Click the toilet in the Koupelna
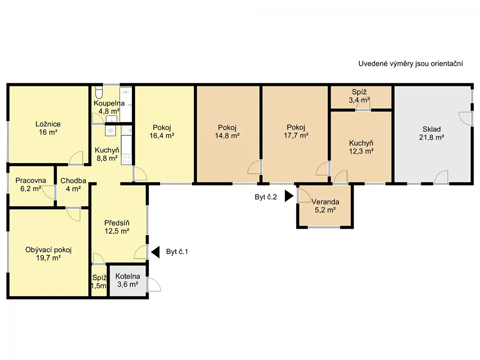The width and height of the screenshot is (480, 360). pos(99,93)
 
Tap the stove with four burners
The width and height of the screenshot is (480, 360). pos(127,159)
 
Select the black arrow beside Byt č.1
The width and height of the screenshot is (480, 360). pos(155,252)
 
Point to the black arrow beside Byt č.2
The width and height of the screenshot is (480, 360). pos(289,196)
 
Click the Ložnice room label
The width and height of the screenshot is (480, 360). pos(48,124)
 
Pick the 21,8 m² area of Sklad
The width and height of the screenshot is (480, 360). pos(432,138)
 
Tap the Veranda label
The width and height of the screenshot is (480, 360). pos(325,202)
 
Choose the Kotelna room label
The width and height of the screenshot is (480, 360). pos(128,276)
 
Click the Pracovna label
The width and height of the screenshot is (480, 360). pos(31,180)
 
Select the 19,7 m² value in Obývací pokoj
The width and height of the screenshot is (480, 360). pos(48,258)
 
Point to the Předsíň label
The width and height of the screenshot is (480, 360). pos(117,223)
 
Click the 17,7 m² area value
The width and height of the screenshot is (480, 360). pos(296,136)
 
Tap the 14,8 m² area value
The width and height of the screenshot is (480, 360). pos(227,136)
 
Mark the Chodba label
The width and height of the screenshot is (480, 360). pos(73,181)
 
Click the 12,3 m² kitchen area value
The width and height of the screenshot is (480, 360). pos(361,151)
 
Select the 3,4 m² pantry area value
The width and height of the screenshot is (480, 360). pos(359,100)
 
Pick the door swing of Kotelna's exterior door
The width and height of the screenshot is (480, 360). pos(154,284)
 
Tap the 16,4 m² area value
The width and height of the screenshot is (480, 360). pos(162,136)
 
